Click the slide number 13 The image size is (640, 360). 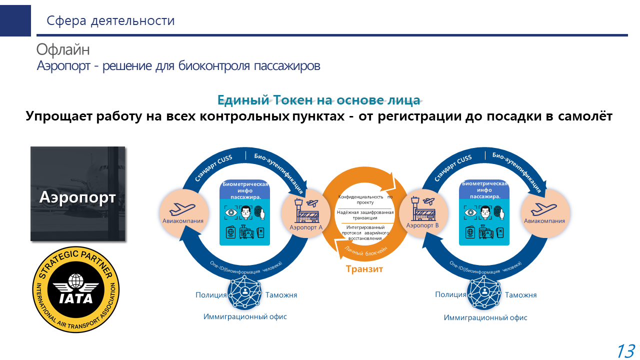point(625,350)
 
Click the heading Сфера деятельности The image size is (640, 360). point(110,20)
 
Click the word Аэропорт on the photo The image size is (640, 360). point(77,197)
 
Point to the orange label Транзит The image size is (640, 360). point(364,269)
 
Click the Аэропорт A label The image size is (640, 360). point(306,227)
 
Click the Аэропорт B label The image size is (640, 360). point(422,226)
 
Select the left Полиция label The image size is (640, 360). point(211,295)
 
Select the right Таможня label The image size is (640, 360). point(520,295)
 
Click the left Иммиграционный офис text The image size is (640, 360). point(245,316)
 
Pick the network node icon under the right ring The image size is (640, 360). point(484,292)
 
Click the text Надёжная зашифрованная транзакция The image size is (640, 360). point(365,215)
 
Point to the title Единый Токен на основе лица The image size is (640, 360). point(318,100)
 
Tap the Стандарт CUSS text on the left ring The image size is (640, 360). point(214,168)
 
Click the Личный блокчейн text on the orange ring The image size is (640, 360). point(366,249)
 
